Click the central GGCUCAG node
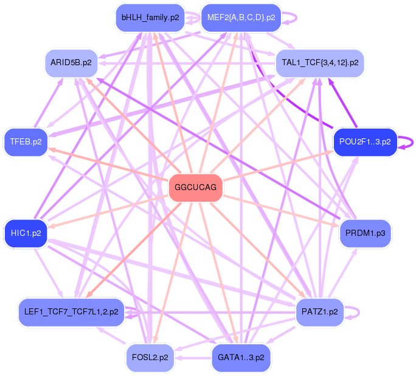tap(195, 188)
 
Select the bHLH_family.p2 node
tap(150, 18)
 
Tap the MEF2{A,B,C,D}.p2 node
tap(241, 18)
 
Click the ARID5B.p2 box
tap(71, 63)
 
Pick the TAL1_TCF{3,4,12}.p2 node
tap(320, 63)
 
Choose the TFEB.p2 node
tap(26, 142)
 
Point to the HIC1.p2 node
tap(26, 233)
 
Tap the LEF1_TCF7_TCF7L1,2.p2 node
tap(71, 312)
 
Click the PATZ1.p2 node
tap(320, 312)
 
